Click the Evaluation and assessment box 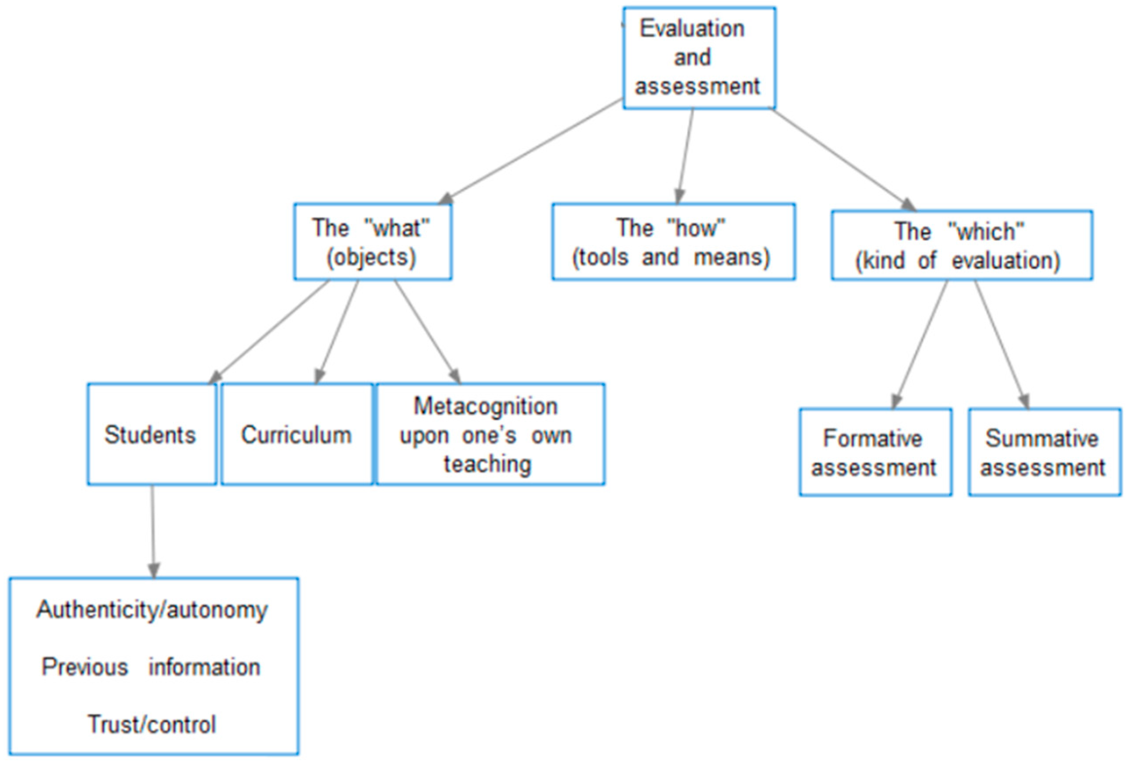699,58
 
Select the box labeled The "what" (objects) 372,241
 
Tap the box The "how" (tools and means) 673,241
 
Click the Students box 152,434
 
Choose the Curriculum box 297,434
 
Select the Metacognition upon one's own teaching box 490,434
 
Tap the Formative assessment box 875,452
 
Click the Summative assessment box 1044,452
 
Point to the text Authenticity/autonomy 152,610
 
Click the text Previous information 151,667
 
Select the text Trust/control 152,724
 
